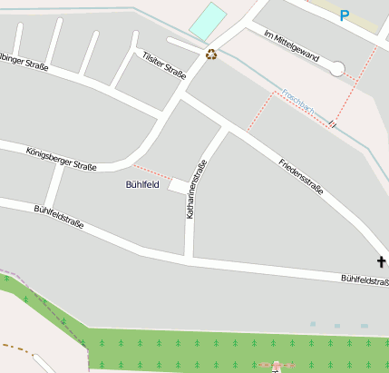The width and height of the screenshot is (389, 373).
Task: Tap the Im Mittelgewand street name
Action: coord(291,45)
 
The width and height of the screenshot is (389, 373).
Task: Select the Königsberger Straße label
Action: coord(61,160)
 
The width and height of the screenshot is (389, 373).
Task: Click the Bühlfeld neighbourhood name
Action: coord(141,184)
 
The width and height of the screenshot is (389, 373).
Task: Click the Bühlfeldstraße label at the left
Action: coord(59,216)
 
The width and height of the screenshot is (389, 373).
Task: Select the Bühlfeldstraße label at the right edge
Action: coord(365,280)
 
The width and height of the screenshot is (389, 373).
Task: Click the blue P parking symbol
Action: coord(344,15)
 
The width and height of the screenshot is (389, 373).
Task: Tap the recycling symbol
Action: coord(211,54)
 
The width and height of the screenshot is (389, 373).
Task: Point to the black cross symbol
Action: coord(382,262)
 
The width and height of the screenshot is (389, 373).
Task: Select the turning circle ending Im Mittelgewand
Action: coord(337,68)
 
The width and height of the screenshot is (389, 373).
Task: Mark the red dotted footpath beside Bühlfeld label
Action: coord(153,172)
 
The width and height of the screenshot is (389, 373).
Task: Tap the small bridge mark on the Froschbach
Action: coord(333,122)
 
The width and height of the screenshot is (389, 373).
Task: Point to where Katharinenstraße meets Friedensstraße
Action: coord(227,129)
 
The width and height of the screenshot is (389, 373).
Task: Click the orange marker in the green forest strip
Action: coord(276,365)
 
